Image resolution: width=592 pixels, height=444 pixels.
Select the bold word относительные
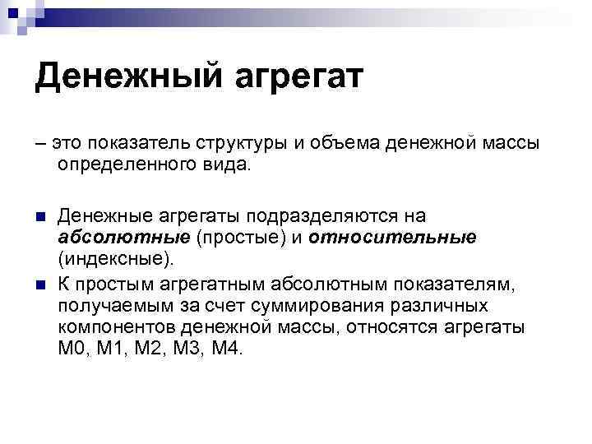[393, 238]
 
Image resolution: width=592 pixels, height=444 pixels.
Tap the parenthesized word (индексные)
[116, 260]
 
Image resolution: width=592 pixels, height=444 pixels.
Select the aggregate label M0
[70, 349]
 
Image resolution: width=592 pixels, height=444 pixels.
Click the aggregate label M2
[156, 349]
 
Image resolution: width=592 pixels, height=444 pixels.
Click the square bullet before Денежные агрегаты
[39, 216]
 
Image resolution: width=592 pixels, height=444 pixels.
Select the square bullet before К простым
[39, 284]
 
